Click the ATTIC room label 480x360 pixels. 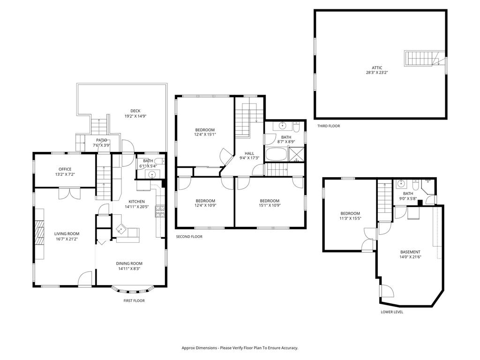(x=377, y=68)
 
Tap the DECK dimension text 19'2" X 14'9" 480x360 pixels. (x=135, y=116)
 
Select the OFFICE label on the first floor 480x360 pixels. (x=65, y=169)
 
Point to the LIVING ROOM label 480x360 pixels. (x=67, y=234)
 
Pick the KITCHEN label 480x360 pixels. (x=136, y=202)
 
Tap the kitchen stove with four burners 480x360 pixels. (x=160, y=211)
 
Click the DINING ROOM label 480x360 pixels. (x=129, y=263)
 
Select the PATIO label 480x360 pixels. (x=102, y=140)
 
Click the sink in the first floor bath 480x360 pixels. (x=152, y=174)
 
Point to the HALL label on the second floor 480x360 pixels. (x=249, y=153)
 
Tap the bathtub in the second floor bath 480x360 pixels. (x=276, y=154)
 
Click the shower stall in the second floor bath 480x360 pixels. (x=296, y=154)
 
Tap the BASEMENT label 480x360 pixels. (x=410, y=252)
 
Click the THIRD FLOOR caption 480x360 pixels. (x=329, y=126)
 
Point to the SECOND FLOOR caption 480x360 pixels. (x=189, y=237)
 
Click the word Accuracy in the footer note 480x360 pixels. (x=289, y=348)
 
